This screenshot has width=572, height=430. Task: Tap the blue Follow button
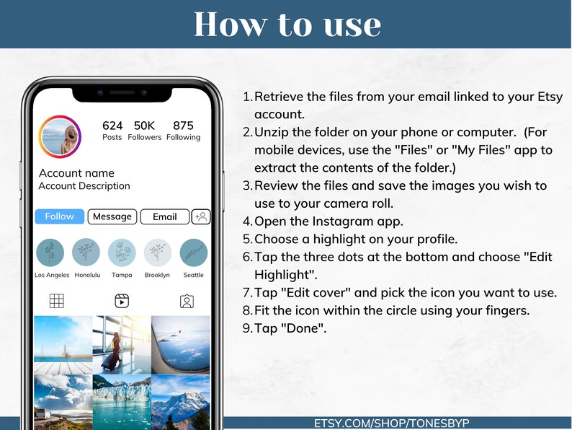[x=60, y=216]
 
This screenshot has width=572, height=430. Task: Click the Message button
[x=112, y=216]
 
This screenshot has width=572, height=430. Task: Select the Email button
[x=165, y=216]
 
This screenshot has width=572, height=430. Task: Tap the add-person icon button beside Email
[x=201, y=216]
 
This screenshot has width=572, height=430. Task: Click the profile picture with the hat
[x=60, y=136]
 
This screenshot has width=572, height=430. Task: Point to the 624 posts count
[x=112, y=126]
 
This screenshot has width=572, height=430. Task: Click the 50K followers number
[x=145, y=126]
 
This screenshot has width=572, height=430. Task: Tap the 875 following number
[x=183, y=126]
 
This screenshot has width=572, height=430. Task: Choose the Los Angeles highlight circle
[x=50, y=253]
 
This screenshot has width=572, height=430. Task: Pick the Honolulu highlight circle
[x=86, y=253]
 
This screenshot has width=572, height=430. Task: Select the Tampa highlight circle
[x=122, y=253]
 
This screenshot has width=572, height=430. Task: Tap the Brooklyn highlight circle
[x=158, y=253]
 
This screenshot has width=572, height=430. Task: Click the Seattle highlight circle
[x=194, y=253]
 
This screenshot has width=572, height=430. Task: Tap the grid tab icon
[x=56, y=301]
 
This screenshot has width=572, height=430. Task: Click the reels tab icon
[x=122, y=301]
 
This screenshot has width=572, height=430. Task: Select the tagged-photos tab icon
[x=187, y=302]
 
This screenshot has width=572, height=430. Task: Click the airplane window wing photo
[x=181, y=345]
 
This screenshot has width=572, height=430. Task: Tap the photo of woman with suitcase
[x=122, y=345]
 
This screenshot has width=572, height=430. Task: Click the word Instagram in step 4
[x=336, y=221]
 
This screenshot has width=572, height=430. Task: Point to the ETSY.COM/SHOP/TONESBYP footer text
[x=392, y=423]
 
